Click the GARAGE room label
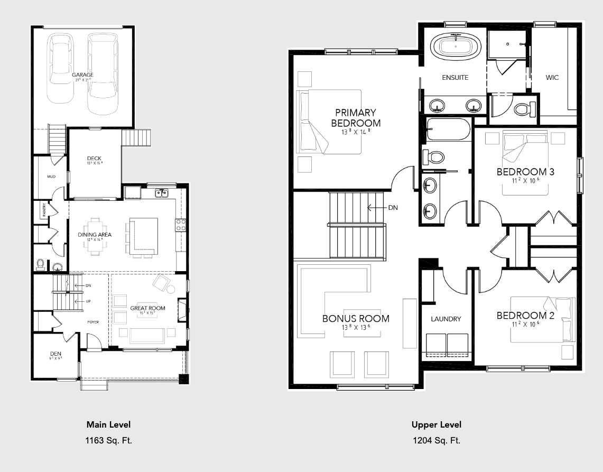coord(82,75)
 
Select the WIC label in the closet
coord(552,78)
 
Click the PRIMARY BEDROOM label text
coord(356,118)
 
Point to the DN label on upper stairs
coord(393,208)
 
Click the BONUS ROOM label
coord(356,319)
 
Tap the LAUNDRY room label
coord(446,319)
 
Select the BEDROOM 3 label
coord(525,172)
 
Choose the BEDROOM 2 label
coord(525,316)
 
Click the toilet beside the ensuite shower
coord(523,109)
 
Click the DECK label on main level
coord(94,159)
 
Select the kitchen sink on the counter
coord(162,193)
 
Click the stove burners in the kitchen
coord(181,225)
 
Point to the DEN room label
coord(55,354)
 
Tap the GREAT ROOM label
coord(147,308)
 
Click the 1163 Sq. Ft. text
coord(108,440)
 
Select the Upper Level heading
coord(436,424)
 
